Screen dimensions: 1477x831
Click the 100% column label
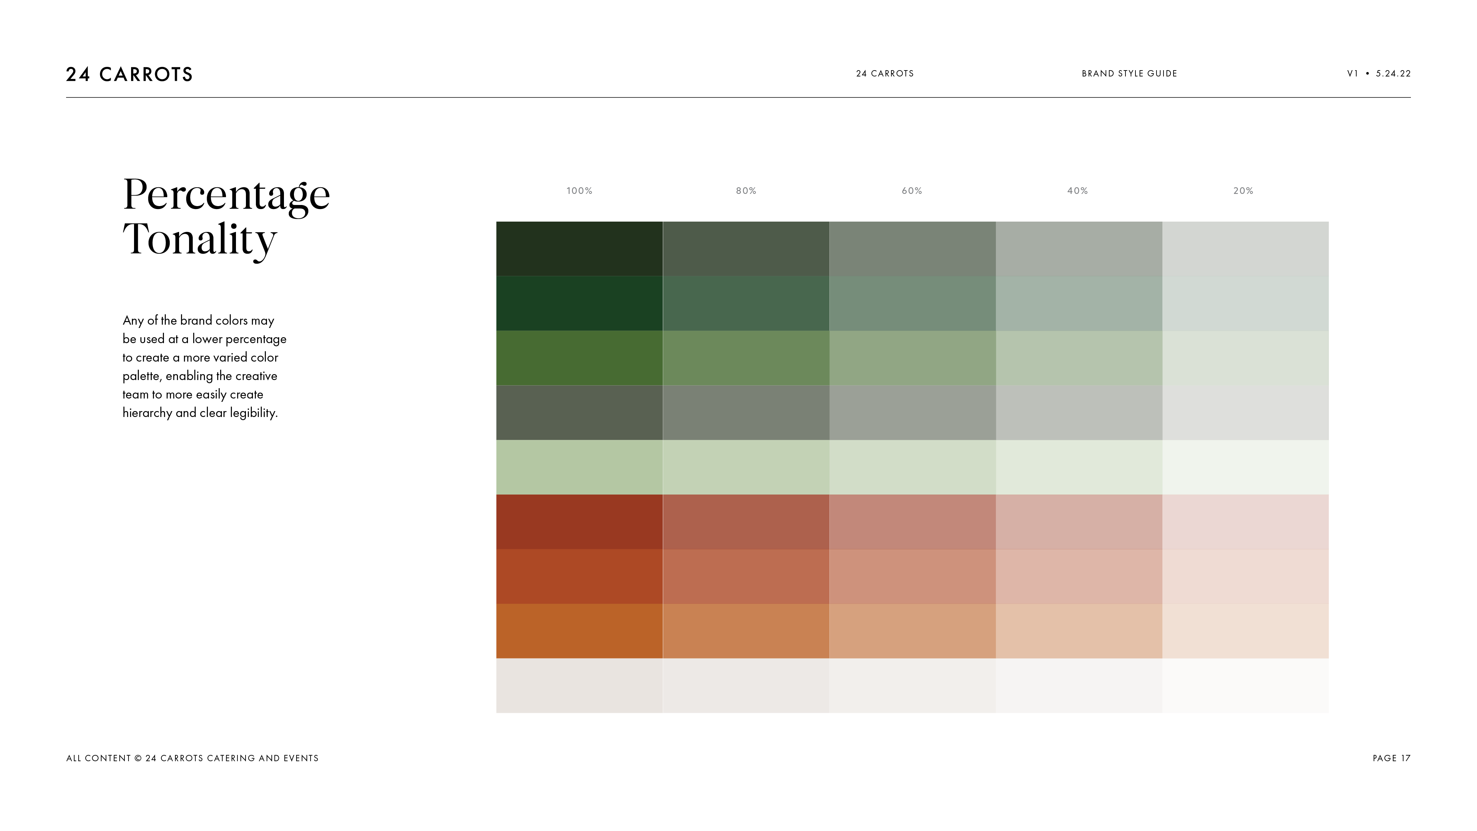tap(579, 191)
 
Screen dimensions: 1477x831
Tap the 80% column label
tap(746, 191)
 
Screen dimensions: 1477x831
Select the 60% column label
tap(912, 191)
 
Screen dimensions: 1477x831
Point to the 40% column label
tap(1077, 191)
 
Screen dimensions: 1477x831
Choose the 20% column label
tap(1243, 191)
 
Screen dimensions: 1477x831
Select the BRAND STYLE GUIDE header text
tap(1129, 73)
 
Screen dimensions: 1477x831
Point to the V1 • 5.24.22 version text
tap(1378, 73)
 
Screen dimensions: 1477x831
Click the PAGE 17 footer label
tap(1392, 758)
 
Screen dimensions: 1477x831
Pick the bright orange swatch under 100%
tap(579, 631)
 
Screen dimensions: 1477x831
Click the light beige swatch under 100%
tap(579, 685)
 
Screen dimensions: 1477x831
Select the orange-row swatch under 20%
tap(1245, 631)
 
